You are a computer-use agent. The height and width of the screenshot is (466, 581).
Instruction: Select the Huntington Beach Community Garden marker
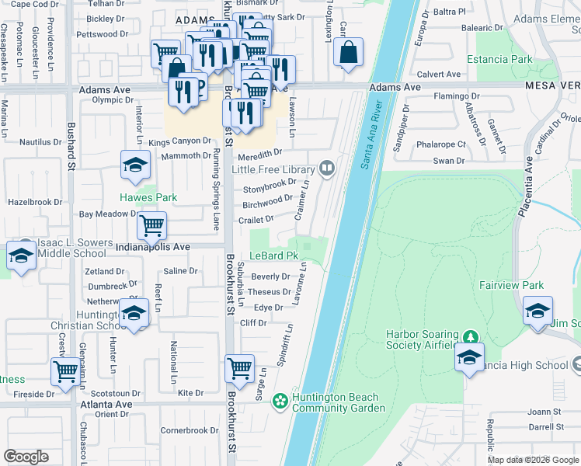point(280,401)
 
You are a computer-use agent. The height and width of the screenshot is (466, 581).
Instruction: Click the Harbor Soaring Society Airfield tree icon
point(469,337)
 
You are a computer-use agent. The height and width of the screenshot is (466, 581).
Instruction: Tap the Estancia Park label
point(499,59)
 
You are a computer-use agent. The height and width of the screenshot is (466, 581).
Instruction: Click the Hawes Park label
point(148,197)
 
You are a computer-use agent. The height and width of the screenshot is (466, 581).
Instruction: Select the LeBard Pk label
point(273,256)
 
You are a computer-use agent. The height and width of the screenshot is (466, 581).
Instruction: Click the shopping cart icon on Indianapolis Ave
point(151,224)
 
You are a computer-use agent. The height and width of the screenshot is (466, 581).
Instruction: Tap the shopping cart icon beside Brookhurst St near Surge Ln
point(239,367)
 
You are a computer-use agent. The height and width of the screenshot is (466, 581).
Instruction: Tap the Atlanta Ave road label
point(106,404)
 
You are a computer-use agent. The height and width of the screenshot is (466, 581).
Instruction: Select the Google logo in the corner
point(26,457)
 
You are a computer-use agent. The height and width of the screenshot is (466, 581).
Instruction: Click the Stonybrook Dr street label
point(270,187)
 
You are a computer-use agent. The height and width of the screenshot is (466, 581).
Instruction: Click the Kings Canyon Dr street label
point(179,141)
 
